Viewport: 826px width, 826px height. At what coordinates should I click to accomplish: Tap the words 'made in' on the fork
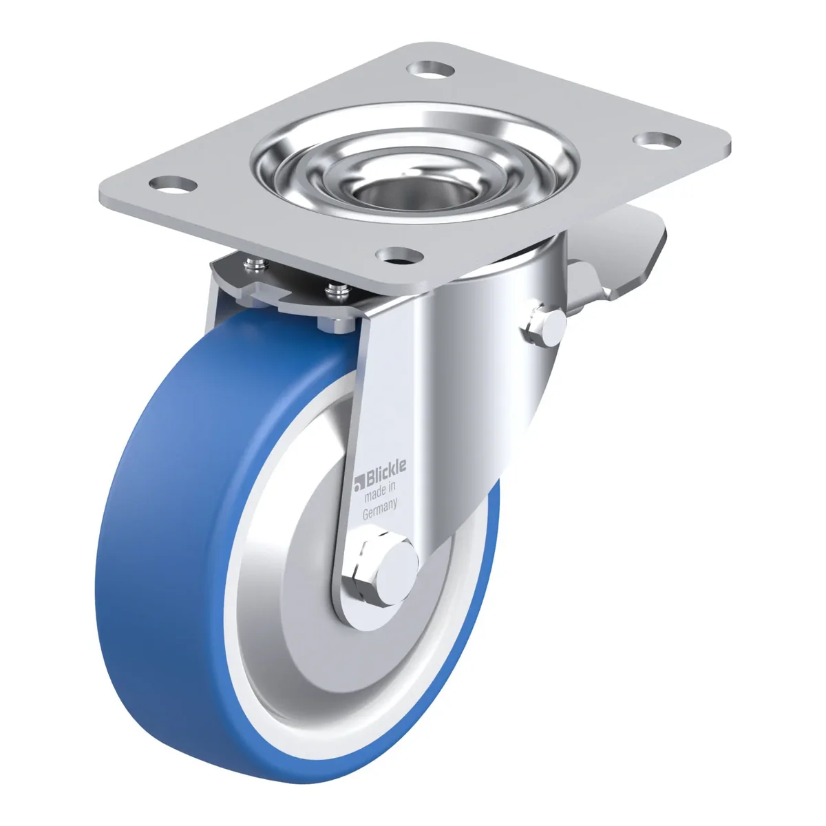(381, 494)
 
